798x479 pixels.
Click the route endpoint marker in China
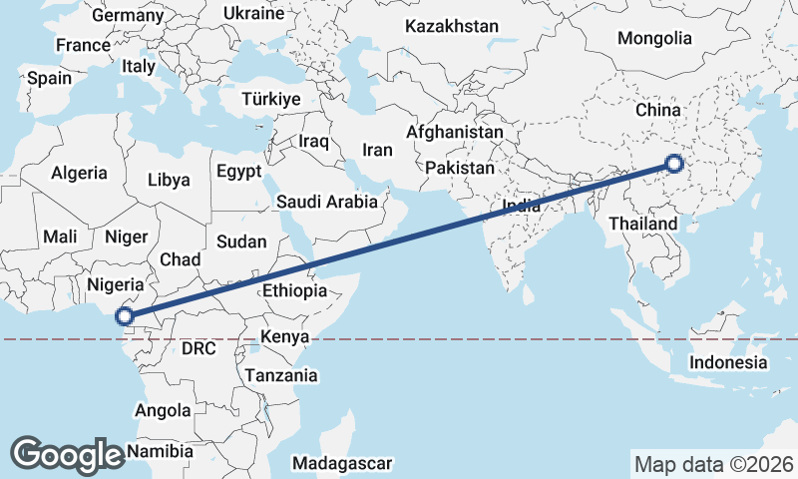pyautogui.click(x=674, y=164)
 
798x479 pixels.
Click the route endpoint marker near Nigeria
pyautogui.click(x=124, y=316)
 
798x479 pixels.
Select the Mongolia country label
pyautogui.click(x=654, y=39)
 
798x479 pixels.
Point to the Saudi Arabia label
pyautogui.click(x=327, y=202)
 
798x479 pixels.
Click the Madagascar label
pyautogui.click(x=343, y=463)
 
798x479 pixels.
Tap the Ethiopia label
pyautogui.click(x=294, y=290)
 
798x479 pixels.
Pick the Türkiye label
pyautogui.click(x=270, y=100)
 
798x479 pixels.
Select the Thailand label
pyautogui.click(x=643, y=224)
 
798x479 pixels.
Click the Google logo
pyautogui.click(x=67, y=454)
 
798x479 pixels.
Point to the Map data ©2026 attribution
pyautogui.click(x=714, y=464)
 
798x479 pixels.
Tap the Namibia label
pyautogui.click(x=160, y=451)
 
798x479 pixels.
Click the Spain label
pyautogui.click(x=49, y=78)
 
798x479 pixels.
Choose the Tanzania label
pyautogui.click(x=281, y=375)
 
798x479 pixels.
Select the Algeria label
pyautogui.click(x=79, y=173)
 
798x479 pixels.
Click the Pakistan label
pyautogui.click(x=459, y=168)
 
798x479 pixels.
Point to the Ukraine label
pyautogui.click(x=253, y=14)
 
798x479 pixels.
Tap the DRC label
pyautogui.click(x=199, y=348)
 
